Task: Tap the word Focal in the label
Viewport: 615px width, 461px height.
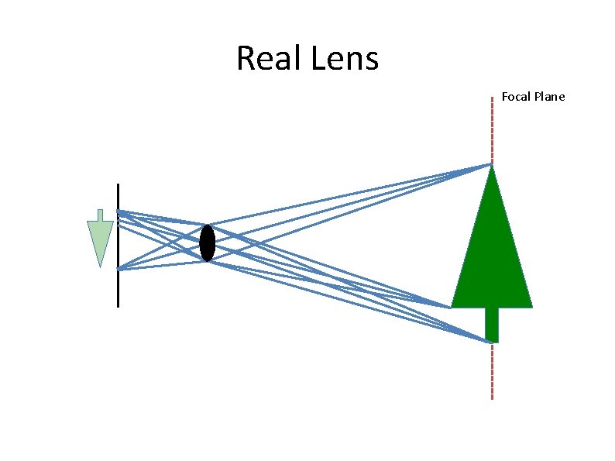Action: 516,97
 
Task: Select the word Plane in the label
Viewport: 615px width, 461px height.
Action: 550,97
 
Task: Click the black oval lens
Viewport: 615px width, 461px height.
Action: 207,243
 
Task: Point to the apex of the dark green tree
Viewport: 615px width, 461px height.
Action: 491,165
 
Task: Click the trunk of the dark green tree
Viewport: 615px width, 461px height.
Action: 491,324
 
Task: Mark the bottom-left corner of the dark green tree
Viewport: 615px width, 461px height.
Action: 452,307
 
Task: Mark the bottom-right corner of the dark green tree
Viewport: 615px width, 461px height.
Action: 532,307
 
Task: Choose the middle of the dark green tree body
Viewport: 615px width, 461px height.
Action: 491,256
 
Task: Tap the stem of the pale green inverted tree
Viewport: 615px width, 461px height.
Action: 100,215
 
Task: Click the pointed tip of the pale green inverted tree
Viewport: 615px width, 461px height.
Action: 100,267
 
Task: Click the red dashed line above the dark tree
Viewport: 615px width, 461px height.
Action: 491,128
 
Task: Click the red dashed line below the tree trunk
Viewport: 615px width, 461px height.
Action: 491,372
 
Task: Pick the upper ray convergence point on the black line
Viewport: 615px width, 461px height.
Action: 118,211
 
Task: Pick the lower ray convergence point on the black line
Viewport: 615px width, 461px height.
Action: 118,269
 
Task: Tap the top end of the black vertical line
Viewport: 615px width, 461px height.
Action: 118,184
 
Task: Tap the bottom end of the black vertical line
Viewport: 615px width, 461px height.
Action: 118,307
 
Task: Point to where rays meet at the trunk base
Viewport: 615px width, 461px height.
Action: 491,342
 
